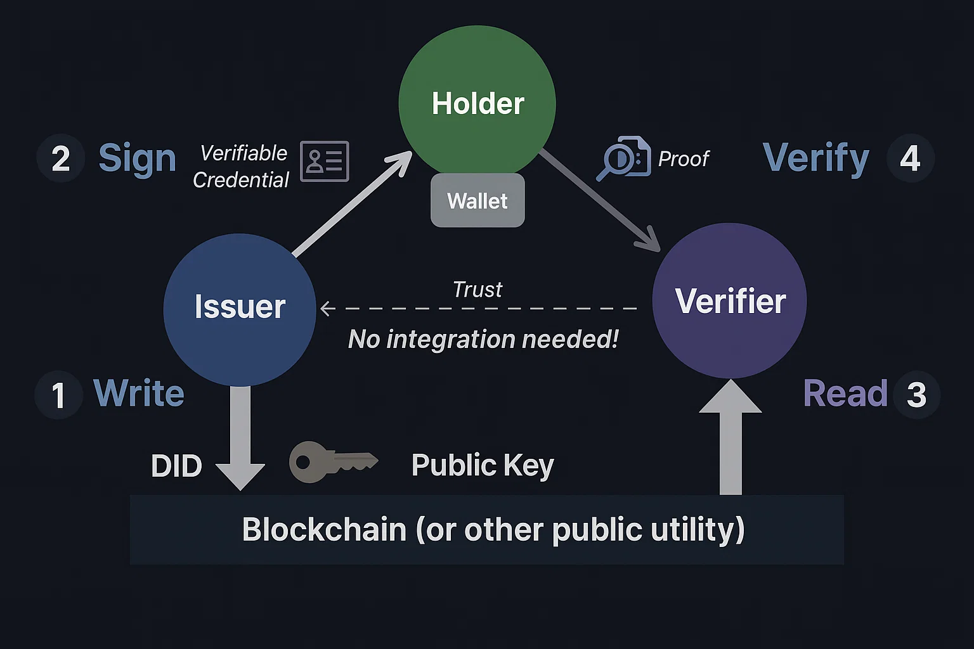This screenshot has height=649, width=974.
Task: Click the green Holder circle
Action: (477, 103)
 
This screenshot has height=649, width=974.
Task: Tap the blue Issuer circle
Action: (240, 309)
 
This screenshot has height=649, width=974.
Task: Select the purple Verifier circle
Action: (729, 300)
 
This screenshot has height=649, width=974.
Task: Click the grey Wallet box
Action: (477, 201)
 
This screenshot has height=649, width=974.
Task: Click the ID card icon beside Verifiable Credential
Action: (324, 161)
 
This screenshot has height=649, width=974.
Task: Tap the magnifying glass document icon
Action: (623, 158)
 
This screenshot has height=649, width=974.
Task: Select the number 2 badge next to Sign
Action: (60, 158)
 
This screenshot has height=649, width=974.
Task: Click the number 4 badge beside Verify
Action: (910, 158)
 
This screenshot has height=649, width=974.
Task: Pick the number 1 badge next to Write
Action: (58, 395)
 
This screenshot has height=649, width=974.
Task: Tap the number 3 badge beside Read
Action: (916, 395)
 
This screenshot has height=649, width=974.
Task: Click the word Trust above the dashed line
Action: (477, 290)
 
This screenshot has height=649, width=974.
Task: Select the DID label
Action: (176, 466)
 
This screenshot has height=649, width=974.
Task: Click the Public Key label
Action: (483, 466)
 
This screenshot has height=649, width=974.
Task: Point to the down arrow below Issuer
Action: (240, 437)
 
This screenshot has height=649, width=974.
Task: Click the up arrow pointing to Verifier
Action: (730, 437)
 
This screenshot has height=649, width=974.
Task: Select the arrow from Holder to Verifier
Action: (599, 200)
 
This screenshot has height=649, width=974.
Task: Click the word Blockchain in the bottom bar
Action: (324, 530)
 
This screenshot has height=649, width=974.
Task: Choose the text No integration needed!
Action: (483, 340)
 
